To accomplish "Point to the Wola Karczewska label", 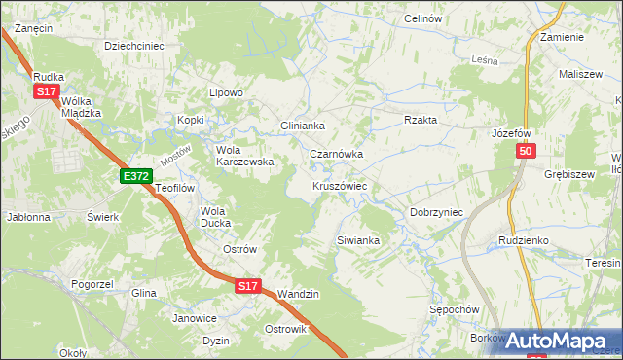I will click(244, 156).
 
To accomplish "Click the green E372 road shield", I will click(136, 176).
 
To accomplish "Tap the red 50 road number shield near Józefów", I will click(526, 152).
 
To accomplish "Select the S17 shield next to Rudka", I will click(46, 91).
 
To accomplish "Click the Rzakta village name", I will click(421, 120).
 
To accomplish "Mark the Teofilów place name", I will click(175, 188).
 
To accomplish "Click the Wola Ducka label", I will click(215, 217).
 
